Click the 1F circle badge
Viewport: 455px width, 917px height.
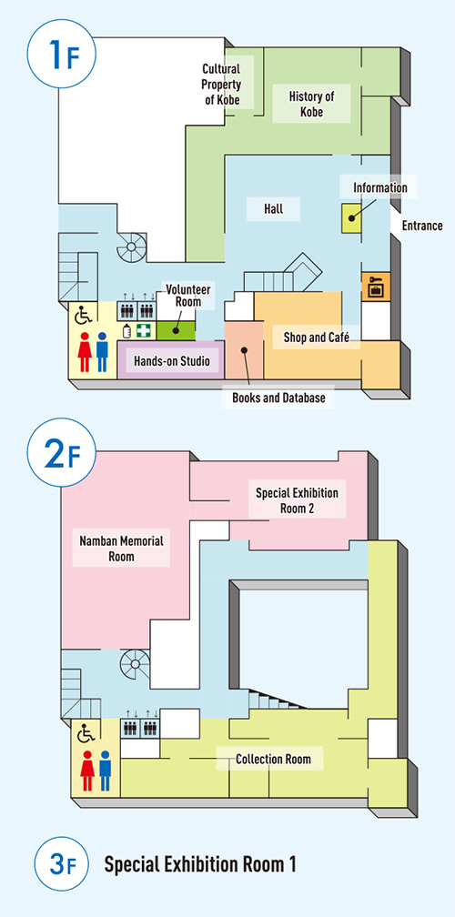point(61,53)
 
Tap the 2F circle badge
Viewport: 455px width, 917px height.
point(61,452)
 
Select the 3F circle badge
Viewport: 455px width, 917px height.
point(61,864)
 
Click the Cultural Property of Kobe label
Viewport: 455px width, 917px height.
point(221,85)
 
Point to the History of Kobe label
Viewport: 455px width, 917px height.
point(311,104)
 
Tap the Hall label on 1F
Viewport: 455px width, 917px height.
point(274,209)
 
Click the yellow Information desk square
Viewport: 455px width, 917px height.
point(351,218)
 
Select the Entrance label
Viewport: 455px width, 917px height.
point(422,226)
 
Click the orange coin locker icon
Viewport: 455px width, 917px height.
point(372,287)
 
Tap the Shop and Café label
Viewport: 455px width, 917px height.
point(317,337)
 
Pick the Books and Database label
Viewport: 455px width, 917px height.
point(278,398)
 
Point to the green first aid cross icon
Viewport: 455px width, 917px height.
point(144,330)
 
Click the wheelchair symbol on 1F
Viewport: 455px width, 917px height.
point(85,317)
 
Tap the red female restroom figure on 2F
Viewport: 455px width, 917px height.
point(87,771)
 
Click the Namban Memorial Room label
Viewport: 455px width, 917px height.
point(121,548)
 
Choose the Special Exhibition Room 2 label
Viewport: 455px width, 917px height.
point(297,500)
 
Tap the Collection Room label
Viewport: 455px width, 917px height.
point(273,760)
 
